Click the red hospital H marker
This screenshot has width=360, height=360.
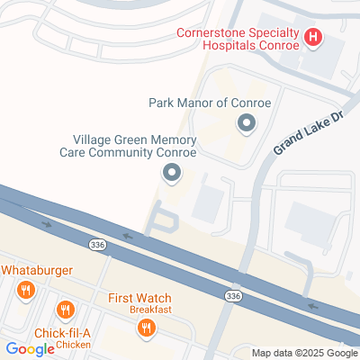click(313, 38)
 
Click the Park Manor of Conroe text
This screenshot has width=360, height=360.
click(209, 103)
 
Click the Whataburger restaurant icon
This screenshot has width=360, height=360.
click(25, 290)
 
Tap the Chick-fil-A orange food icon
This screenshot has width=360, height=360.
click(65, 311)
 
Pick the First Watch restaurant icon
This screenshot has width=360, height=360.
click(146, 329)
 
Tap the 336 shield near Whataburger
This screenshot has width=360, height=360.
click(96, 244)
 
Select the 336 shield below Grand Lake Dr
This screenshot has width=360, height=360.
click(233, 295)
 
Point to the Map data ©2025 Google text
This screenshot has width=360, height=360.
click(304, 353)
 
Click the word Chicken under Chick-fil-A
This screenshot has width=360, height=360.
click(73, 345)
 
